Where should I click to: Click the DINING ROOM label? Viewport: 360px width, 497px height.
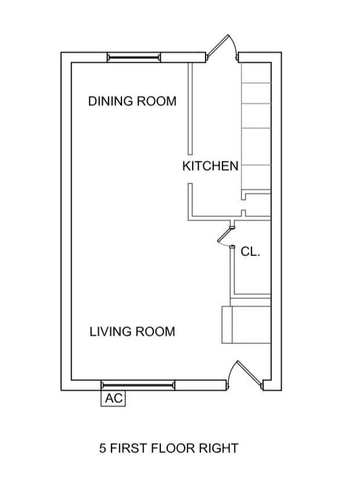(x=132, y=101)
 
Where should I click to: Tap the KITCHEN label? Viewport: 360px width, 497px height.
(x=210, y=166)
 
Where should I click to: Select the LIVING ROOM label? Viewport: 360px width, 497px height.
(x=132, y=332)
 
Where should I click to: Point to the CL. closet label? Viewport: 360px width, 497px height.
(x=250, y=252)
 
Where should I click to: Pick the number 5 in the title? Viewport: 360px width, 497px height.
(x=102, y=448)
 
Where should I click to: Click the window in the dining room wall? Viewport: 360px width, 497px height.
(x=133, y=57)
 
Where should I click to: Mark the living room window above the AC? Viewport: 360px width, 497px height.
(x=138, y=385)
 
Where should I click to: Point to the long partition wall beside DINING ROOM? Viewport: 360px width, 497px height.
(x=190, y=107)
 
